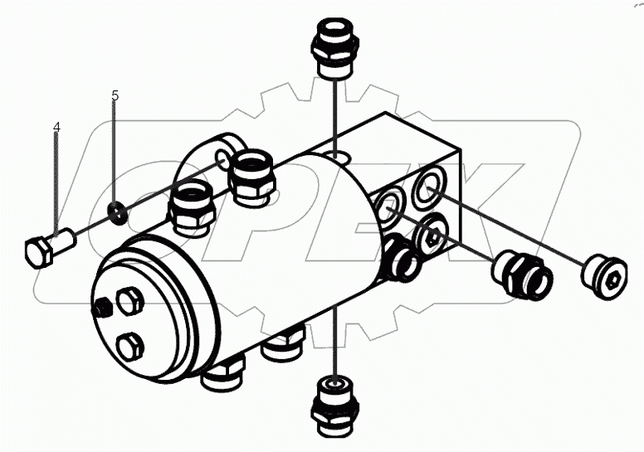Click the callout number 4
[56, 127]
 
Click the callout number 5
[115, 96]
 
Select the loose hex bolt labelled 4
[46, 248]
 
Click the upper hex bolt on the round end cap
[131, 303]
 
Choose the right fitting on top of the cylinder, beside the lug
[251, 176]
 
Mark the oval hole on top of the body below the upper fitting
[337, 155]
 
